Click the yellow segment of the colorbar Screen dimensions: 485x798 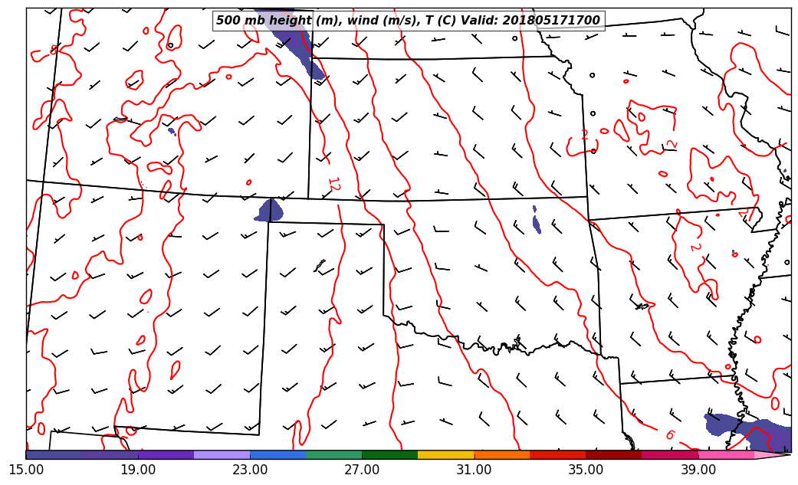445,455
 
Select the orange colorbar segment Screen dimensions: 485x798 501,455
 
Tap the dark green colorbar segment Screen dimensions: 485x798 389,455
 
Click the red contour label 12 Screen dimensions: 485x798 333,184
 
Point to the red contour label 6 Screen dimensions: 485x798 669,435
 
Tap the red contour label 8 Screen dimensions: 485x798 54,50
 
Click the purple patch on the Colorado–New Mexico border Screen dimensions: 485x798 270,211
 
